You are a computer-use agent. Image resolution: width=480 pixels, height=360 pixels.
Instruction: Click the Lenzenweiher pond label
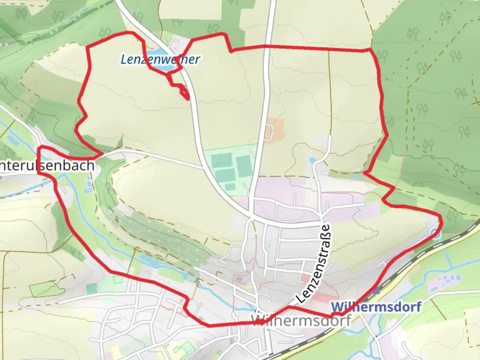[160, 59]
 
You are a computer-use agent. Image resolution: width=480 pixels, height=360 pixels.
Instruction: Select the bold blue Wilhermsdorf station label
[376, 307]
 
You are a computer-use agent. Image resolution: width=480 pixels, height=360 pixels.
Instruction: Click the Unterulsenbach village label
[47, 165]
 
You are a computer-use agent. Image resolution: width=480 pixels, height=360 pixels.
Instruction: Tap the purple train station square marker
[377, 291]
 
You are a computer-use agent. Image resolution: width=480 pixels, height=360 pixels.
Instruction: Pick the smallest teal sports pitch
[230, 187]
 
